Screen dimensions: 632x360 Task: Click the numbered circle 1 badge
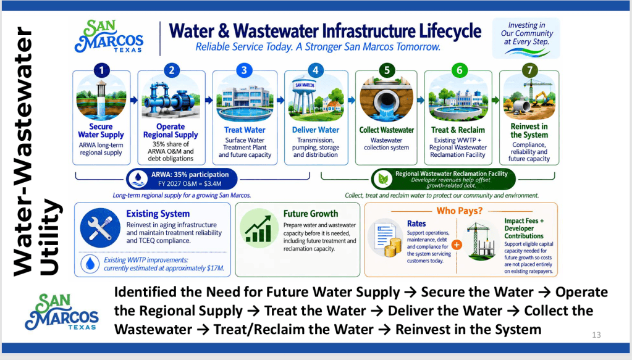point(101,70)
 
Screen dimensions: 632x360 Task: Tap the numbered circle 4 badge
point(316,70)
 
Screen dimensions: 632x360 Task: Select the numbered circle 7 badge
point(529,70)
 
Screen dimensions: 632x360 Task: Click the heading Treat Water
point(245,130)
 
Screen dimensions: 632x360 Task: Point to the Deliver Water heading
point(316,130)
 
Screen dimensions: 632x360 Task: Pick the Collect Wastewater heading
point(387,130)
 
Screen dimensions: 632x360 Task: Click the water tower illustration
point(305,98)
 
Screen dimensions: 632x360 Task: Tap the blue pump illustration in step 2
point(171,101)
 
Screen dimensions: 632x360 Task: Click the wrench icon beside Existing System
point(100,227)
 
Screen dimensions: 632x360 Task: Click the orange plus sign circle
point(457,245)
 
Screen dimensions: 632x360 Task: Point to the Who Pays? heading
point(460,211)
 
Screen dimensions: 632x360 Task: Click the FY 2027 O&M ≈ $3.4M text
point(190,184)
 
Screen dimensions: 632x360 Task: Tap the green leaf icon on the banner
point(383,179)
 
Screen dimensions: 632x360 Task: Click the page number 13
point(597,335)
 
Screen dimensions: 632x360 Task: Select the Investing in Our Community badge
point(526,38)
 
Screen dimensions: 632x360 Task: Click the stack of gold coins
point(392,247)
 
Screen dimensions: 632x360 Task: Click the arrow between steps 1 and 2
point(134,100)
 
